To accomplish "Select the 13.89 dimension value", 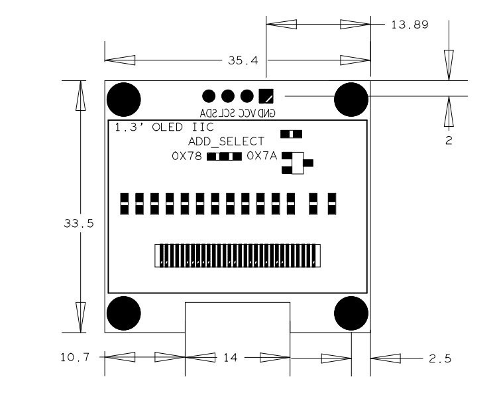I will point(411,25).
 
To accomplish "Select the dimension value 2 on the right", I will point(449,141).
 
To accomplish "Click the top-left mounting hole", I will point(123,99).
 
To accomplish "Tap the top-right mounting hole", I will point(351,99).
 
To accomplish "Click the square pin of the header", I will point(266,95).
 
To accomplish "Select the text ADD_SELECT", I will point(226,141).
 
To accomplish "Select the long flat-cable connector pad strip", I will point(238,256).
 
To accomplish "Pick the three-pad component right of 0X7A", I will point(296,163).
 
